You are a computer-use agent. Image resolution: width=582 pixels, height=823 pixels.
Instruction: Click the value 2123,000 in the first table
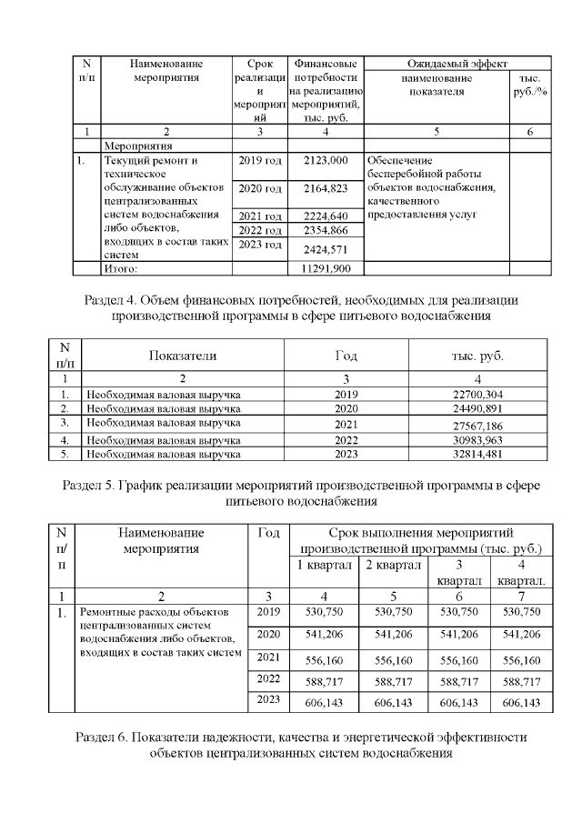[327, 161]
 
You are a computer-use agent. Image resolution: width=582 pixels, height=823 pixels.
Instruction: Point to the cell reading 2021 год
[260, 216]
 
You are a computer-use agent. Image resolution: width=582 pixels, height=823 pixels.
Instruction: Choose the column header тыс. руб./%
[528, 85]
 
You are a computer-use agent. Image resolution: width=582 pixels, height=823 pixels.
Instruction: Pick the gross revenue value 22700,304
[477, 394]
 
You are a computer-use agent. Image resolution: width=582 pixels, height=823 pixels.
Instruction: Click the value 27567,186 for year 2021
[477, 425]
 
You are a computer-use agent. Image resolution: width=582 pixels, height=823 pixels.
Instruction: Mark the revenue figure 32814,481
[477, 453]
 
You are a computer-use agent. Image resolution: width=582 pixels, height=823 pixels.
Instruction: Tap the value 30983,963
[477, 439]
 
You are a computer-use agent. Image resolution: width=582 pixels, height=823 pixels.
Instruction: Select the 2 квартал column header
[394, 566]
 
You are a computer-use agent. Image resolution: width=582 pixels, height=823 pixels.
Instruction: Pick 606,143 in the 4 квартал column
[521, 703]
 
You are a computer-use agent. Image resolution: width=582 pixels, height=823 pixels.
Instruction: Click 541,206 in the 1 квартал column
[324, 634]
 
